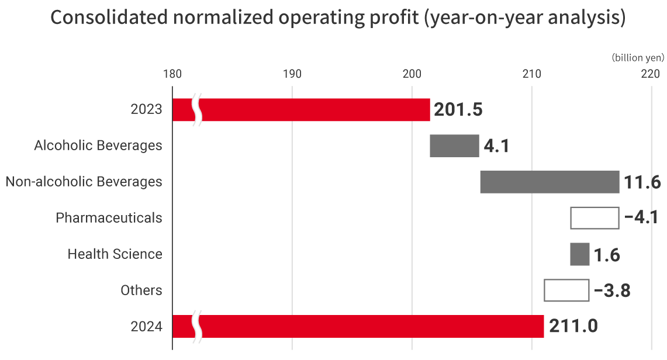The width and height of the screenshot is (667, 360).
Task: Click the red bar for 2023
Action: click(316, 110)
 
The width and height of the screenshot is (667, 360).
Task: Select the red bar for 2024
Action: click(374, 326)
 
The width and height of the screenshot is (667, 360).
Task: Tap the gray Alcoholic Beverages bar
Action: click(454, 146)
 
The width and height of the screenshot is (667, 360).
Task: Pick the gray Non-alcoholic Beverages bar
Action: click(550, 182)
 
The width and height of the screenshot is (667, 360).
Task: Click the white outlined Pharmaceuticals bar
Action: click(595, 218)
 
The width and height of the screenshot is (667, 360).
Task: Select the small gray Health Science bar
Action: click(579, 254)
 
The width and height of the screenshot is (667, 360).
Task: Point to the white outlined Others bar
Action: click(566, 290)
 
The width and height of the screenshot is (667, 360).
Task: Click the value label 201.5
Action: click(458, 110)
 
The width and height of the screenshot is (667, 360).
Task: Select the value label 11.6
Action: click(642, 182)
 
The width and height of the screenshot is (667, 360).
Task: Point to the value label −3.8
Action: click(612, 290)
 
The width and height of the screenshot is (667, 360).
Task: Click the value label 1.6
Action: click(606, 255)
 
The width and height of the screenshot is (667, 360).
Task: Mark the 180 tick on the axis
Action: click(172, 74)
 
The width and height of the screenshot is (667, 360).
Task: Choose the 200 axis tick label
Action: click(412, 74)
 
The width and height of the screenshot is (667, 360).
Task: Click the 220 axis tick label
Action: click(651, 74)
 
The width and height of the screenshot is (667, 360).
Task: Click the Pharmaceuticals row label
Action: click(109, 218)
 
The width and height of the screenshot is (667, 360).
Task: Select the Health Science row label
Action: click(115, 254)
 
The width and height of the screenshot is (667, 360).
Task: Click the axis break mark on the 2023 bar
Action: click(198, 110)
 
